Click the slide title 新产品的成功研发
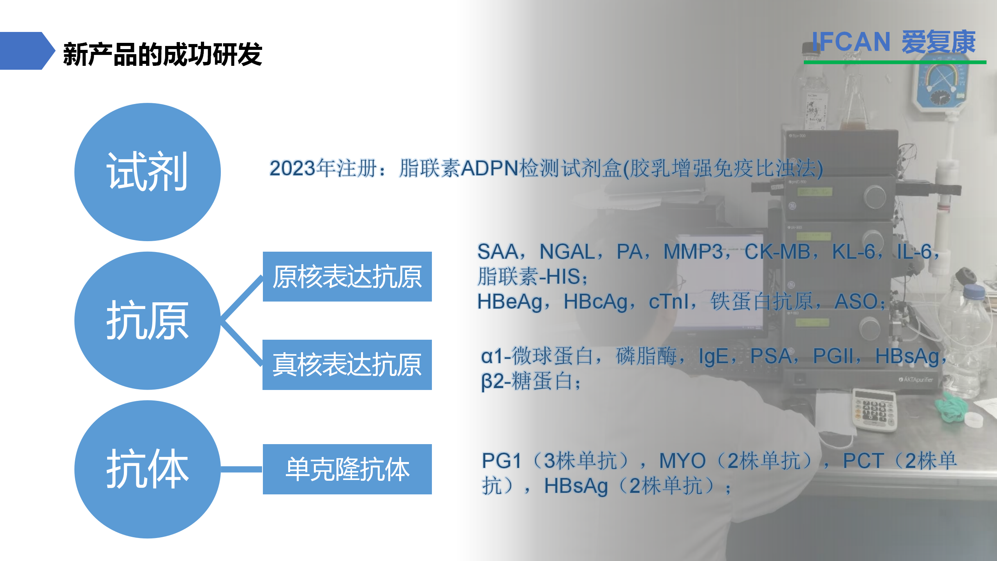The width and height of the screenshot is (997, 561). click(162, 54)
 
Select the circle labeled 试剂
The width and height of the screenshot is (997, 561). click(148, 172)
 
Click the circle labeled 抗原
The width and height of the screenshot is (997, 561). click(148, 321)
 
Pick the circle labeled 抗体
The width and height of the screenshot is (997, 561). click(148, 469)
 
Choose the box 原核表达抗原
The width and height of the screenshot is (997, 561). click(347, 277)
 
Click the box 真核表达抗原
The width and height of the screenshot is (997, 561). click(347, 365)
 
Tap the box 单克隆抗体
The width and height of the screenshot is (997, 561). click(347, 469)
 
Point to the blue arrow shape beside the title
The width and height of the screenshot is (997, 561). click(27, 51)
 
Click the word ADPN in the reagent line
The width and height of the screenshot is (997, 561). click(490, 168)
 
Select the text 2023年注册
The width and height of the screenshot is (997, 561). click(323, 168)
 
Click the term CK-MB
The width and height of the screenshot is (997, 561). click(777, 252)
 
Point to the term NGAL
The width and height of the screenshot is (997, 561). click(567, 252)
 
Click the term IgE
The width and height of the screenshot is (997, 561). click(713, 356)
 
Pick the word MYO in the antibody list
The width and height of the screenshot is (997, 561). click(682, 461)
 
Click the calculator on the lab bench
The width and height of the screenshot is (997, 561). click(875, 410)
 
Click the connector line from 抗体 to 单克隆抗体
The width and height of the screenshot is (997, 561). click(242, 469)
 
